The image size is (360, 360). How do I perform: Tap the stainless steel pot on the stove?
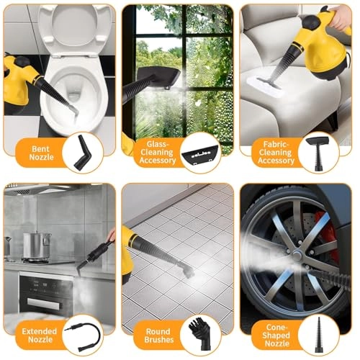pos(37,246)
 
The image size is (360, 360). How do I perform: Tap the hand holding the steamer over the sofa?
pos(338,18)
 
